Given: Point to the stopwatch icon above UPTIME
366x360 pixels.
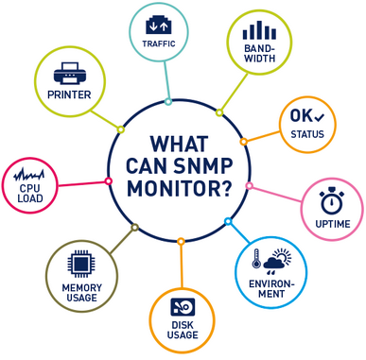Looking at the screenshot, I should click(331, 202).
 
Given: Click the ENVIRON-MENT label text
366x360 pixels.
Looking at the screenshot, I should click(269, 287).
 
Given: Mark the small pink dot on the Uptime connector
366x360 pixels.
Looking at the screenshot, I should click(250, 186).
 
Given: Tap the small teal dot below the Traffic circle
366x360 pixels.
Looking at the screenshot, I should click(168, 101).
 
